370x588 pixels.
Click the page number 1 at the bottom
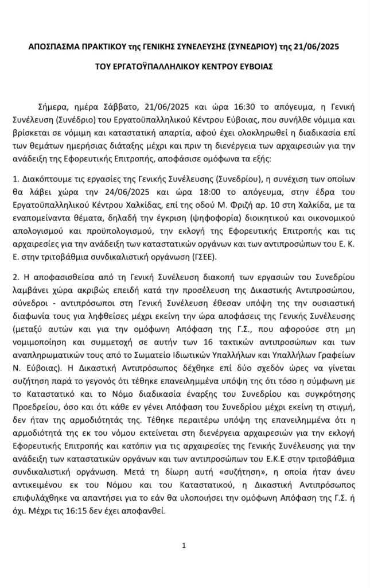[184, 546]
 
